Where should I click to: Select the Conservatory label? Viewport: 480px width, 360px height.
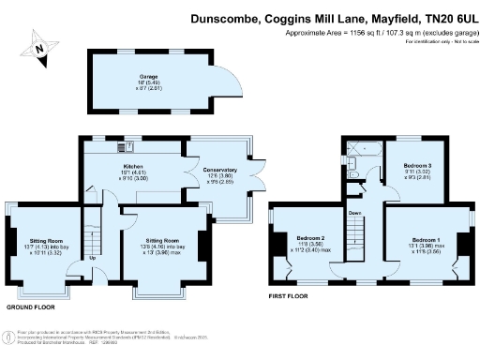[218, 170]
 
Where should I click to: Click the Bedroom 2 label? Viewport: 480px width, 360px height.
[308, 239]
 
